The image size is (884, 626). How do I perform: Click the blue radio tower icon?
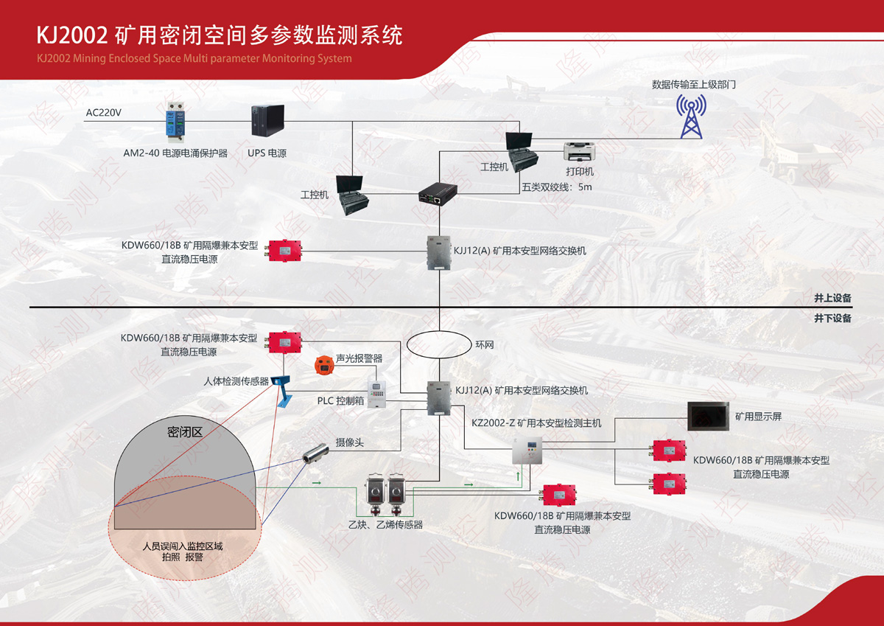pyautogui.click(x=690, y=116)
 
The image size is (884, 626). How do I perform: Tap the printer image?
pyautogui.click(x=579, y=152)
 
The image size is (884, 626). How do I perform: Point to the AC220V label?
pyautogui.click(x=103, y=113)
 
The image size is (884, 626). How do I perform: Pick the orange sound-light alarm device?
pyautogui.click(x=322, y=364)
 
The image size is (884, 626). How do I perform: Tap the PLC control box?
pyautogui.click(x=376, y=394)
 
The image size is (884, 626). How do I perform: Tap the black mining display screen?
pyautogui.click(x=707, y=417)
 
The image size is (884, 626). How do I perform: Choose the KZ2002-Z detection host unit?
pyautogui.click(x=527, y=451)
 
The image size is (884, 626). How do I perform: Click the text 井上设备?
pyautogui.click(x=832, y=299)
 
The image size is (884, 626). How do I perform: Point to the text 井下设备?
pyautogui.click(x=832, y=319)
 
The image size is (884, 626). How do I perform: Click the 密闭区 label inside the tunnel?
pyautogui.click(x=185, y=433)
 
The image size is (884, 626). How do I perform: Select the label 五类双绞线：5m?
pyautogui.click(x=556, y=187)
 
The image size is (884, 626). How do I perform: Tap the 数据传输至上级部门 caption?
pyautogui.click(x=693, y=85)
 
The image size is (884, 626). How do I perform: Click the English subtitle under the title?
pyautogui.click(x=194, y=58)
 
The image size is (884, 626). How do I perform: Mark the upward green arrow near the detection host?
pyautogui.click(x=518, y=477)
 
